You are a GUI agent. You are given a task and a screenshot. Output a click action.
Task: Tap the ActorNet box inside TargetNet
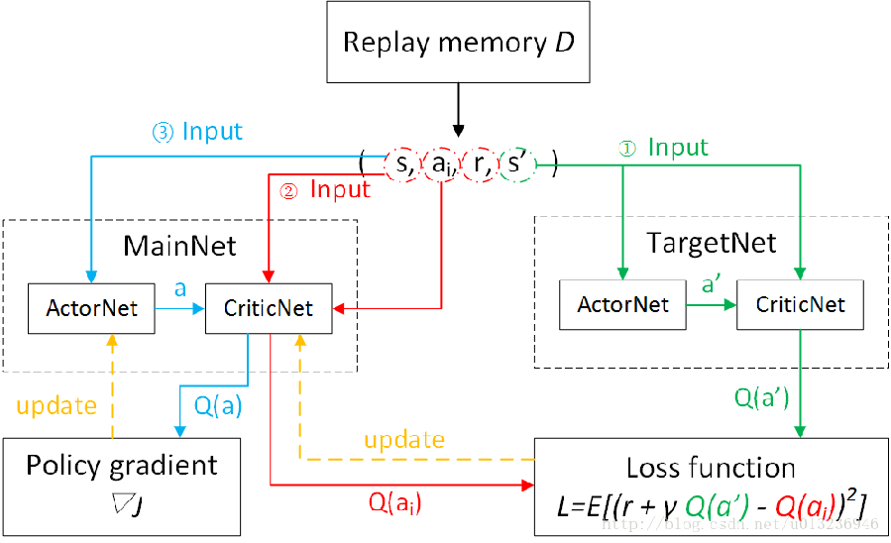pyautogui.click(x=621, y=303)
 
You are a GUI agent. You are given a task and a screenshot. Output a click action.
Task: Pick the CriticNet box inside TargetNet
pyautogui.click(x=798, y=303)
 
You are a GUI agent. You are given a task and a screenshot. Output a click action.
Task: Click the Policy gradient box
pyautogui.click(x=121, y=483)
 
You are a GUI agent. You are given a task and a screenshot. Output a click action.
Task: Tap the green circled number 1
pyautogui.click(x=625, y=149)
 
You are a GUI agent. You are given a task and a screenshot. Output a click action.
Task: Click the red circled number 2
pyautogui.click(x=287, y=189)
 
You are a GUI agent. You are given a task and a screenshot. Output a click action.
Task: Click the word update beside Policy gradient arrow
pyautogui.click(x=56, y=405)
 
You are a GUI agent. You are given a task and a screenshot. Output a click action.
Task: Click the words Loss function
pyautogui.click(x=711, y=468)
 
